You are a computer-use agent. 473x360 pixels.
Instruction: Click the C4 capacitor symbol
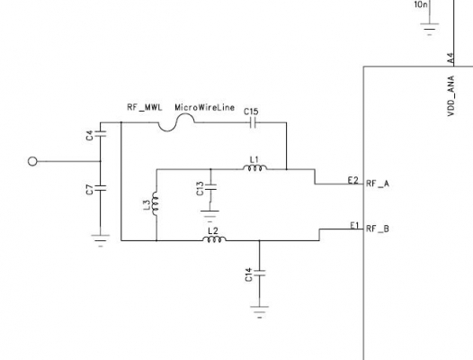pos(101,134)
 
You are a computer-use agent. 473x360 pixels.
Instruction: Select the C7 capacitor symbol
pos(101,188)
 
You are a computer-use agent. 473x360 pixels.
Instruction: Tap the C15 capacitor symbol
pos(254,122)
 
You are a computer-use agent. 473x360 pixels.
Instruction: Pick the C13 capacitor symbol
pos(210,187)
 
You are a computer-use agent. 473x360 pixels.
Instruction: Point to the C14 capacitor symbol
pos(259,274)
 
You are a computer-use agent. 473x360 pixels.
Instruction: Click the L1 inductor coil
pos(254,168)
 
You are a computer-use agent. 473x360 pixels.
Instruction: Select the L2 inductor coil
pos(214,239)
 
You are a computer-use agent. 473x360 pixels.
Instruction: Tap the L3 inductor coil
pos(155,204)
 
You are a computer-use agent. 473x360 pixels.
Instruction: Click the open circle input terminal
pos(32,162)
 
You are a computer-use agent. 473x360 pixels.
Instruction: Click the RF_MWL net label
pos(145,107)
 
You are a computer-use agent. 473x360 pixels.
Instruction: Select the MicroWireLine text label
pos(205,107)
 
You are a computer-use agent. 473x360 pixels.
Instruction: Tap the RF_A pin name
pos(378,184)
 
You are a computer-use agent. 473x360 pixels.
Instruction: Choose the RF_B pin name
pos(378,229)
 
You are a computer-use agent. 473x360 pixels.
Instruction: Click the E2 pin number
pos(353,180)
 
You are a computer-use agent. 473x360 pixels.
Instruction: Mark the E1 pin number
pos(354,225)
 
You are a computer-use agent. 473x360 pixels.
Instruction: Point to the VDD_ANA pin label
pos(451,95)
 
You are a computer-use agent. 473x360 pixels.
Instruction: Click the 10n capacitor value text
pos(421,4)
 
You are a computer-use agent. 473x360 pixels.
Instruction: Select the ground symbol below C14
pos(259,312)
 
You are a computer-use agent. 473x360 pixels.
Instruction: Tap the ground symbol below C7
pos(101,240)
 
